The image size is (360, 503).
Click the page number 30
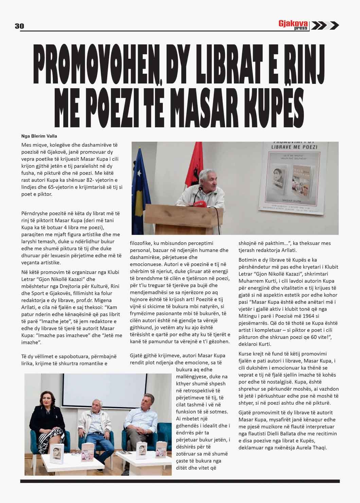[x=19, y=26]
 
